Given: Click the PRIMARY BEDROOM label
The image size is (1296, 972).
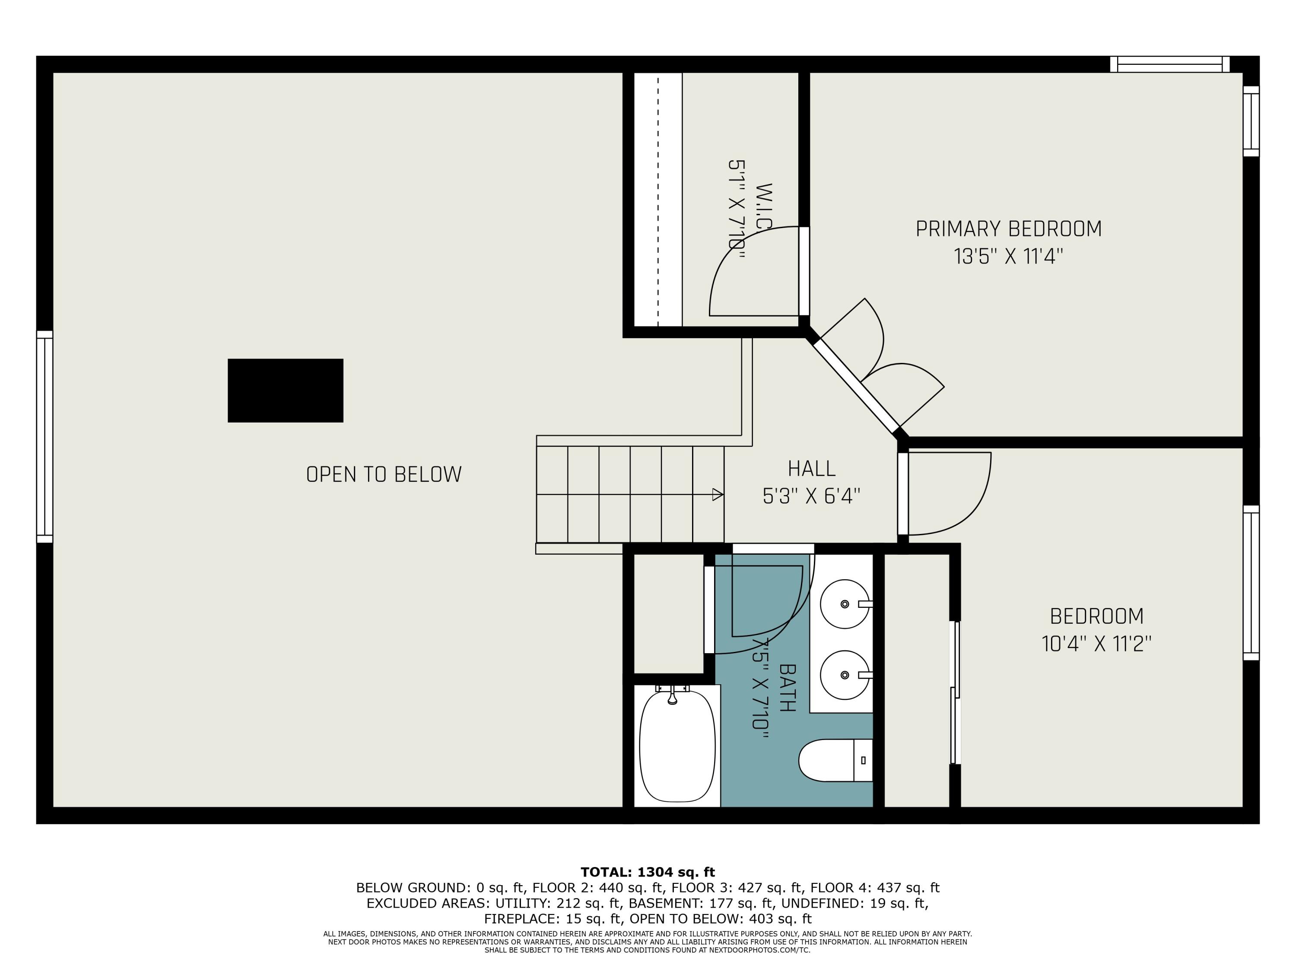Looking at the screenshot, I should click(1008, 229).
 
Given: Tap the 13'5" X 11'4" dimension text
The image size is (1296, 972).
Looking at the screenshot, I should click(1008, 257).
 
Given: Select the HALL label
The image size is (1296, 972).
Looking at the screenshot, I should click(811, 469).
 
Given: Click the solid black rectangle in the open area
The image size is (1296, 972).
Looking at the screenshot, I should click(285, 390).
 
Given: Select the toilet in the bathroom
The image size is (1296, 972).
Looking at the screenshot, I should click(835, 760).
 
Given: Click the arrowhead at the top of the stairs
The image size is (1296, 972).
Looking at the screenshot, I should click(717, 495).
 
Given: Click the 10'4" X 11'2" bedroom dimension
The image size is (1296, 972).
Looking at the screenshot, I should click(1096, 645).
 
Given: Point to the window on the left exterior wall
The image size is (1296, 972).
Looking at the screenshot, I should click(44, 436).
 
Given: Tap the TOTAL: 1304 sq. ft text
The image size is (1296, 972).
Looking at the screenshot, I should click(648, 872).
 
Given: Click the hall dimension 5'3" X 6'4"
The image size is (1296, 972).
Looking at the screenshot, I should click(811, 497).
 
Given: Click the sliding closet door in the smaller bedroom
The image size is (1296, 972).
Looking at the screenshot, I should click(955, 692).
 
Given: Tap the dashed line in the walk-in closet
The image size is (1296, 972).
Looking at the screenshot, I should click(658, 199).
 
